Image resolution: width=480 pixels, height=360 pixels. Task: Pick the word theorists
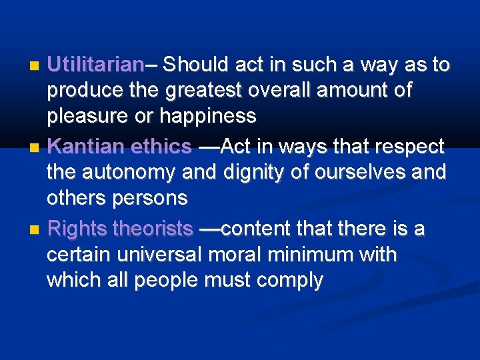pyautogui.click(x=153, y=229)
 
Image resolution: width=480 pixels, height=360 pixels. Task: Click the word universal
pyautogui.click(x=161, y=255)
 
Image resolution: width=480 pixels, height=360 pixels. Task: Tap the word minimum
pyautogui.click(x=317, y=255)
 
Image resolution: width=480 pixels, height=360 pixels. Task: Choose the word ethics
pyautogui.click(x=162, y=147)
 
